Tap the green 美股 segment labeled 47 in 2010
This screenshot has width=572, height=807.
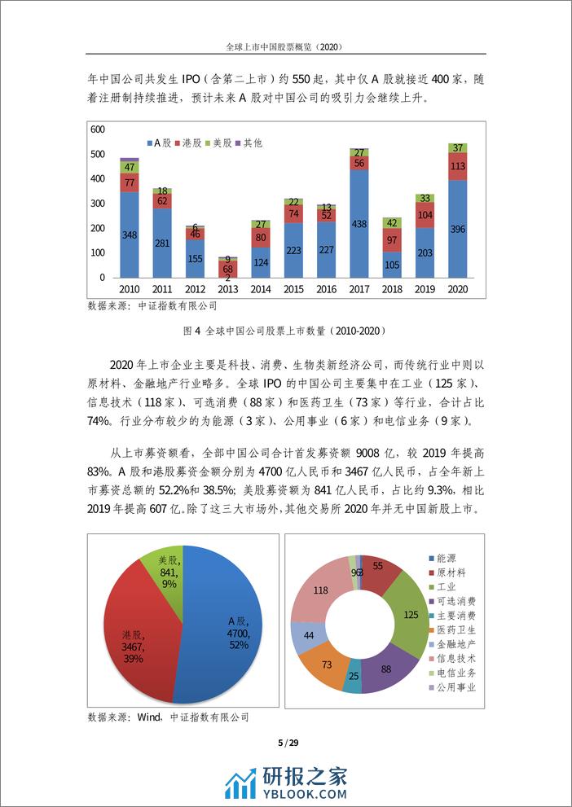pyautogui.click(x=129, y=166)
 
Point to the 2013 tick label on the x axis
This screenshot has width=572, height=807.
pyautogui.click(x=227, y=290)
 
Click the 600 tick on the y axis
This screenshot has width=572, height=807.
pyautogui.click(x=97, y=129)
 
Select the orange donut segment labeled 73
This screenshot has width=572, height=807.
pyautogui.click(x=326, y=664)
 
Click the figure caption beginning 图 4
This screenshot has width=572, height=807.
pyautogui.click(x=285, y=331)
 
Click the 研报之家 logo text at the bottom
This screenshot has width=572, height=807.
pyautogui.click(x=305, y=777)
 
